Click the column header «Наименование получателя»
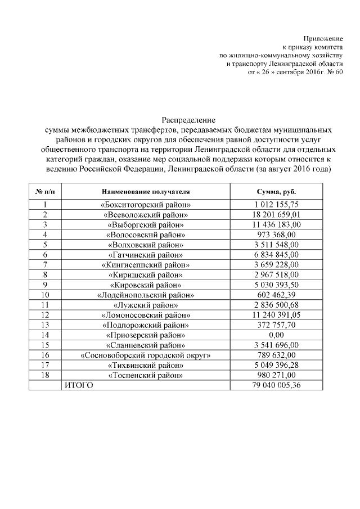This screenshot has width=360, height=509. (x=146, y=191)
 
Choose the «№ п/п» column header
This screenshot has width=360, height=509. (x=45, y=191)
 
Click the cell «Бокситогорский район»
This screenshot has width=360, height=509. (x=146, y=205)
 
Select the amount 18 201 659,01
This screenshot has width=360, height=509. (x=277, y=214)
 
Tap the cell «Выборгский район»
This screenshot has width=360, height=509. (x=146, y=224)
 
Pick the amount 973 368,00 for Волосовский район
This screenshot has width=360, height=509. (x=277, y=235)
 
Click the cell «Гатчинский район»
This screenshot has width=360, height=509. (x=146, y=254)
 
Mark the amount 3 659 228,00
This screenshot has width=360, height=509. (x=277, y=264)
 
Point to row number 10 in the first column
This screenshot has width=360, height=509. (x=45, y=294)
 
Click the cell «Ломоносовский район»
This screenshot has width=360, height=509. (x=146, y=314)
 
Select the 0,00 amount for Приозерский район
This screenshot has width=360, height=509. (x=277, y=335)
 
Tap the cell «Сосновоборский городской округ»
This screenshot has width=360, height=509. (x=146, y=355)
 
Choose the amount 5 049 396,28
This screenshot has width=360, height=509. (x=277, y=364)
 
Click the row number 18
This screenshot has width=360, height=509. (x=45, y=375)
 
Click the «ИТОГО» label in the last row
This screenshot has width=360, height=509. (x=78, y=385)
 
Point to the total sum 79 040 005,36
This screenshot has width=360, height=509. (x=277, y=385)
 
